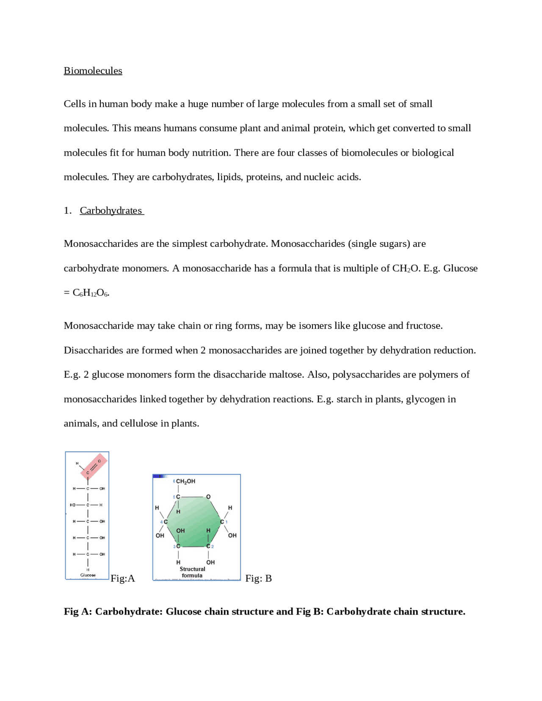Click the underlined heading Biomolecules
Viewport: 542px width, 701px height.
pyautogui.click(x=93, y=71)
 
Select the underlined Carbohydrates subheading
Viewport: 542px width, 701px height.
pyautogui.click(x=111, y=210)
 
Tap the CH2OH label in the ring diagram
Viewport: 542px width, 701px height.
pyautogui.click(x=185, y=481)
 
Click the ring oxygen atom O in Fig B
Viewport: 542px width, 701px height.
pyautogui.click(x=208, y=497)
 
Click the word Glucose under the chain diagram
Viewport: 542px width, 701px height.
pyautogui.click(x=88, y=575)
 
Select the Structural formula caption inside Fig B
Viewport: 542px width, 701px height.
pyautogui.click(x=192, y=572)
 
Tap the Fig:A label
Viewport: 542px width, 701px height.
pyautogui.click(x=122, y=578)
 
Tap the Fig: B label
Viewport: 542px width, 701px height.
pyautogui.click(x=258, y=578)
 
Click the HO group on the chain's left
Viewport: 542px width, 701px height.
pyautogui.click(x=73, y=505)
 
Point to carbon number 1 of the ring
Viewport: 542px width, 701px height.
pyautogui.click(x=222, y=522)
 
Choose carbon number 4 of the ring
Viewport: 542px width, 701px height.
pyautogui.click(x=165, y=522)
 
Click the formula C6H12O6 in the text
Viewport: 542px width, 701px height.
pyautogui.click(x=90, y=293)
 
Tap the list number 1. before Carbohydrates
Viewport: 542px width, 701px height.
pyautogui.click(x=68, y=210)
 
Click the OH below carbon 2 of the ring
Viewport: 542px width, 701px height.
pyautogui.click(x=210, y=562)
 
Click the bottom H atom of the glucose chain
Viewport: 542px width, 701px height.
pyautogui.click(x=88, y=569)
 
